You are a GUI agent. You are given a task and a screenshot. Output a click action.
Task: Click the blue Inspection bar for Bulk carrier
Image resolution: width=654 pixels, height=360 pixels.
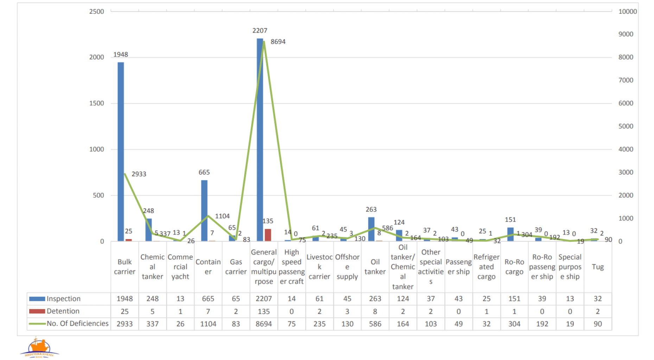121,151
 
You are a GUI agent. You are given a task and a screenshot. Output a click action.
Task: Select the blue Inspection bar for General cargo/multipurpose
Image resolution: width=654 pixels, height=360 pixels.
260,141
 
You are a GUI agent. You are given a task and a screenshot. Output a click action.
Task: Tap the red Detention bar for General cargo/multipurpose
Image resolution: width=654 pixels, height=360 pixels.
268,235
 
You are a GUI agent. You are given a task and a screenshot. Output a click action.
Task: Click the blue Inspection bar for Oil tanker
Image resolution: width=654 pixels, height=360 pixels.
371,229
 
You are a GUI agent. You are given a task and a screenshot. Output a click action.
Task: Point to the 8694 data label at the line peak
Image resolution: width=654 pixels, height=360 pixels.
278,42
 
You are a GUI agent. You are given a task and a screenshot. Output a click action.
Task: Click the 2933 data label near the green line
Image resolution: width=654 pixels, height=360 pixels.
139,174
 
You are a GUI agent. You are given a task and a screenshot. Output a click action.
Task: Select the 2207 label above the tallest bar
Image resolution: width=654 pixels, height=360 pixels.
260,31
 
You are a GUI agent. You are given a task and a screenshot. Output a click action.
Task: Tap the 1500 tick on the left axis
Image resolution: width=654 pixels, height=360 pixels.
96,103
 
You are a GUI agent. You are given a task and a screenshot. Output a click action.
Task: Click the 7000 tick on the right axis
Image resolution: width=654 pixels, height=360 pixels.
626,80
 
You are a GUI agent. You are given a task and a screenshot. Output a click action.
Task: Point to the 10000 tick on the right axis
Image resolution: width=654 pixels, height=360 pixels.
627,12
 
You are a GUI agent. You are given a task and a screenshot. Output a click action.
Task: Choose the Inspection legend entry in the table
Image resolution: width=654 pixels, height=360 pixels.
63,299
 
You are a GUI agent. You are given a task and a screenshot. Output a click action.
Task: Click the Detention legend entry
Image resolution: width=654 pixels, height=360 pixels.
63,311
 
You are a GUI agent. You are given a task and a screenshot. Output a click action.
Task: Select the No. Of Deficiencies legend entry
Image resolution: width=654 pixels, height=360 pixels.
77,323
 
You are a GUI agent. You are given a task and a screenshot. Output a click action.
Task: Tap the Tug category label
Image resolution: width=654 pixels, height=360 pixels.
597,267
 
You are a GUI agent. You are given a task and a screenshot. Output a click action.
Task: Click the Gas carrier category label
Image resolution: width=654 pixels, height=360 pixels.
236,267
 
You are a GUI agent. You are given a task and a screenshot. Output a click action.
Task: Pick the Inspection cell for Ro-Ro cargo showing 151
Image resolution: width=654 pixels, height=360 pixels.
514,299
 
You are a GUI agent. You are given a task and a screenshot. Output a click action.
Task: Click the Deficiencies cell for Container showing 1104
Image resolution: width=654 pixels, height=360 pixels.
208,324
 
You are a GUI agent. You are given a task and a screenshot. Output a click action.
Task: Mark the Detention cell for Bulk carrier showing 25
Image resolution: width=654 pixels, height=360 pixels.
125,311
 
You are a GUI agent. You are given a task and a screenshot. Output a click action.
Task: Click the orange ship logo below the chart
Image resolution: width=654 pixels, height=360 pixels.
39,348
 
